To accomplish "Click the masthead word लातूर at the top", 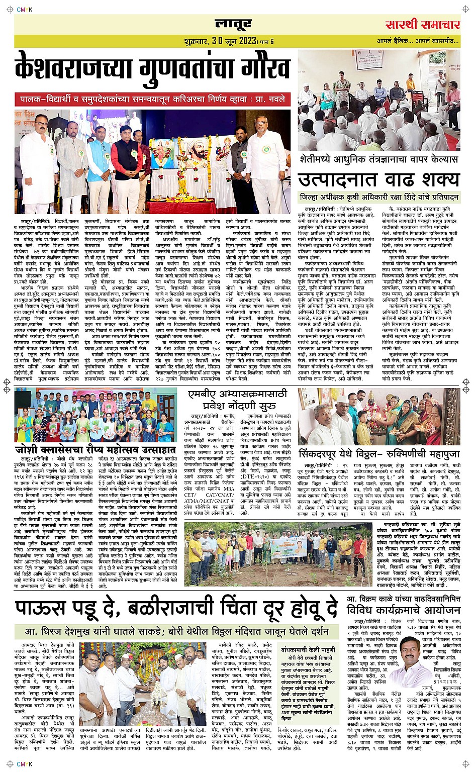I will click(x=233, y=24).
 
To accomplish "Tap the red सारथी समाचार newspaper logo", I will click(x=423, y=25).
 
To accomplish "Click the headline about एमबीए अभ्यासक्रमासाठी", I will click(x=238, y=399).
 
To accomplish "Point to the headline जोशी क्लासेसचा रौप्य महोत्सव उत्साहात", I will click(x=96, y=449).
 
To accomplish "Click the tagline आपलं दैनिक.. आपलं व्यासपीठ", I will click(x=418, y=41).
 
